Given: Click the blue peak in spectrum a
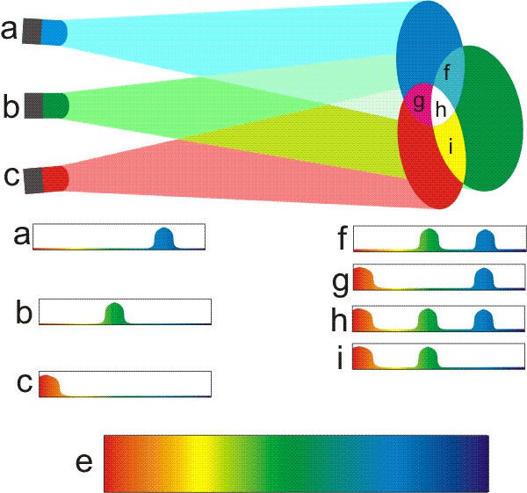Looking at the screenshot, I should pyautogui.click(x=164, y=239).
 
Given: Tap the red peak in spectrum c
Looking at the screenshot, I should pyautogui.click(x=48, y=387).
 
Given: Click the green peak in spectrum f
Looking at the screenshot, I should pyautogui.click(x=429, y=240).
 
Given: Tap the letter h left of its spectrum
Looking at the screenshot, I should pyautogui.click(x=340, y=319).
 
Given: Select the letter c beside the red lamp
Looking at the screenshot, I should pyautogui.click(x=11, y=175).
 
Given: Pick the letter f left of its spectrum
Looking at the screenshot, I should pyautogui.click(x=341, y=238).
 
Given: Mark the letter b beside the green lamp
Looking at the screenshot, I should pyautogui.click(x=11, y=106).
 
